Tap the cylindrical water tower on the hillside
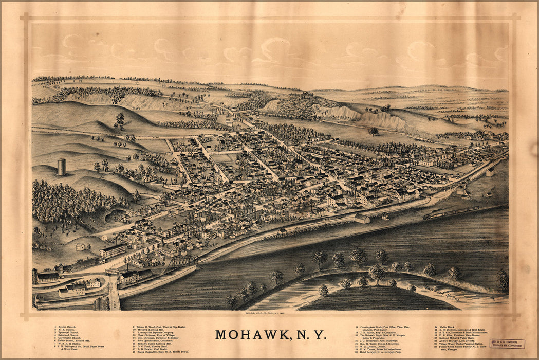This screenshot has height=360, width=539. coord(62,167)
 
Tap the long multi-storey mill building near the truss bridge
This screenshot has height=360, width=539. coord(112,250)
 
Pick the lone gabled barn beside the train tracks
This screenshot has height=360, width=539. coord(362,219)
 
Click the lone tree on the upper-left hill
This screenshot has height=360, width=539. coord(120,119)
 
